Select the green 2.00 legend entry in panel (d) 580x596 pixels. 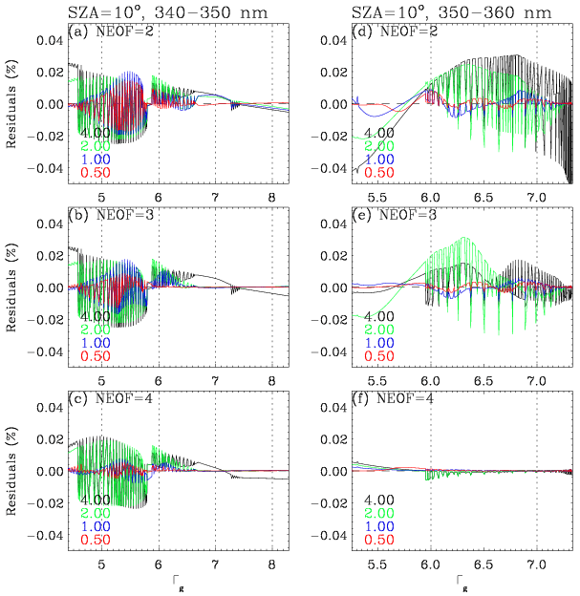[378, 146]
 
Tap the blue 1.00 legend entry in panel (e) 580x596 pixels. [378, 343]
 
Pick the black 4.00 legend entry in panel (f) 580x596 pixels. [378, 500]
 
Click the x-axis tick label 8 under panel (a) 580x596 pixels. [271, 197]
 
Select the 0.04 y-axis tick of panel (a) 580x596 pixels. [51, 41]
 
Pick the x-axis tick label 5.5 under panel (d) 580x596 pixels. [377, 197]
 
